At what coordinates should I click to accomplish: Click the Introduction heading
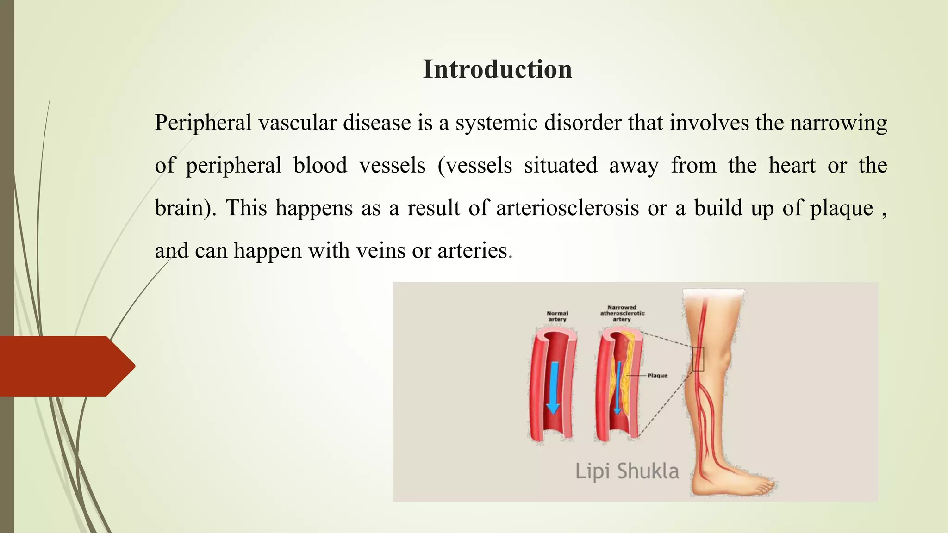pos(497,69)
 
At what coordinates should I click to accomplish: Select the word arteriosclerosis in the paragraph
pos(568,208)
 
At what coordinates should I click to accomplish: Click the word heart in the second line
pos(792,165)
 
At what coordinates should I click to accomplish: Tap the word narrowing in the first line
pos(838,123)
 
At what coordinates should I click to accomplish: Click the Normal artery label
pos(557,316)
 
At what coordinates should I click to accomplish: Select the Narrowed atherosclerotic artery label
pos(622,313)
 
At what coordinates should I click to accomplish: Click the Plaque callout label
pos(657,375)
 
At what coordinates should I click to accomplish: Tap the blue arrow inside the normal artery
pos(554,387)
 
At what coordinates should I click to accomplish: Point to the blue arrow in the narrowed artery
pos(617,389)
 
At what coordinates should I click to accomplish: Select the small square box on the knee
pos(698,359)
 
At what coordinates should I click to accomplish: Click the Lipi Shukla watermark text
pos(627,471)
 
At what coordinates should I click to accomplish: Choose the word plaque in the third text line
pos(841,208)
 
